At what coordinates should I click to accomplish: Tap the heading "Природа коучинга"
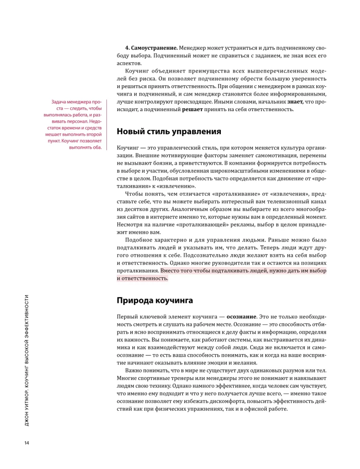(x=155, y=299)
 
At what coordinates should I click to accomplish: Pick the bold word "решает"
(x=194, y=110)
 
